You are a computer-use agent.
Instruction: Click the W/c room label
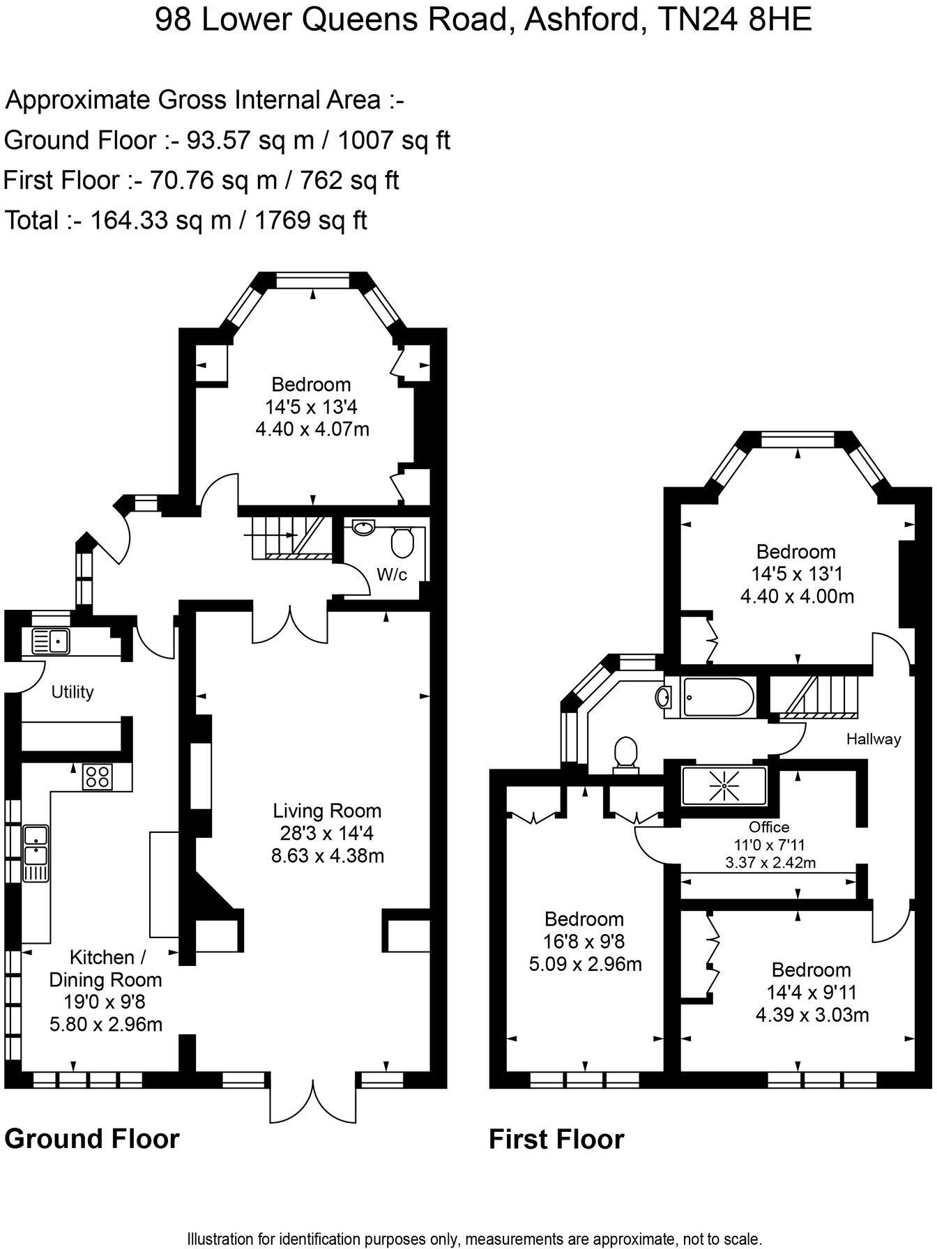click(x=392, y=575)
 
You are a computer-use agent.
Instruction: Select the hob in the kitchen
click(x=98, y=776)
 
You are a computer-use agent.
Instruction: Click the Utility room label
click(x=73, y=692)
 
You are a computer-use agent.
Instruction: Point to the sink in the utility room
click(x=51, y=639)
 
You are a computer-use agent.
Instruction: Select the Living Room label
click(x=327, y=811)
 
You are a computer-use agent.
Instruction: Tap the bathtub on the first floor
click(x=717, y=697)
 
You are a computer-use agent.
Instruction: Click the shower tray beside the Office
click(x=724, y=786)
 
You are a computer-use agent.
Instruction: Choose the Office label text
click(x=769, y=827)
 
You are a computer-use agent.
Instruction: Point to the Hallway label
click(x=874, y=739)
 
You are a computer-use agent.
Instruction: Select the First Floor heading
click(x=556, y=1140)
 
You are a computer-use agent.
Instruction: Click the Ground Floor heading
click(x=91, y=1138)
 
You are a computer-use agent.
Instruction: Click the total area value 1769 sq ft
click(x=310, y=220)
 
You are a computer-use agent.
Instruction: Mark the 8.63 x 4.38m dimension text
click(x=327, y=855)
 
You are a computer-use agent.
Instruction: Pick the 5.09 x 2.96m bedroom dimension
click(x=584, y=964)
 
